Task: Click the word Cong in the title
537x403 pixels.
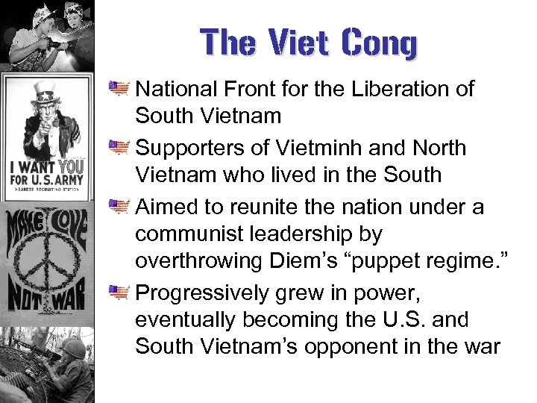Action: point(380,43)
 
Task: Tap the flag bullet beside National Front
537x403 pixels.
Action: point(119,89)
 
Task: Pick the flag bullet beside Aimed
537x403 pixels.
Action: point(119,205)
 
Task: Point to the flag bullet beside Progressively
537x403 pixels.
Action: point(119,291)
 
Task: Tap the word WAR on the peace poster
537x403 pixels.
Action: point(69,301)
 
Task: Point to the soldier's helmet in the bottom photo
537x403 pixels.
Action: point(72,347)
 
